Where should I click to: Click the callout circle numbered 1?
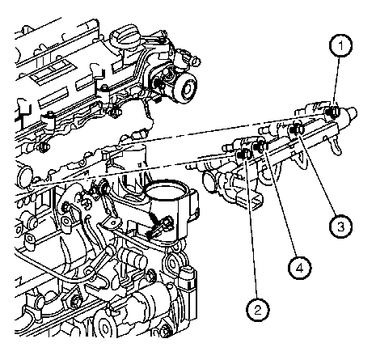[340, 45]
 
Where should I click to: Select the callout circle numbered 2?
[258, 310]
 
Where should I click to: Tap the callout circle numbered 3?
[340, 227]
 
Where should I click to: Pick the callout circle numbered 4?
[299, 268]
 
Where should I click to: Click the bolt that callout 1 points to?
[330, 112]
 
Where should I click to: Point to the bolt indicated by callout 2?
[245, 155]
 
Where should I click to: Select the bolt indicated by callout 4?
[260, 146]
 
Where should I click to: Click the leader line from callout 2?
[251, 229]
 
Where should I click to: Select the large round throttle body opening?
[165, 192]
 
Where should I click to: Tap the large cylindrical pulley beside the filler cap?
[184, 87]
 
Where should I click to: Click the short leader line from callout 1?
[337, 82]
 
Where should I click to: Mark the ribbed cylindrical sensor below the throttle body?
[133, 259]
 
